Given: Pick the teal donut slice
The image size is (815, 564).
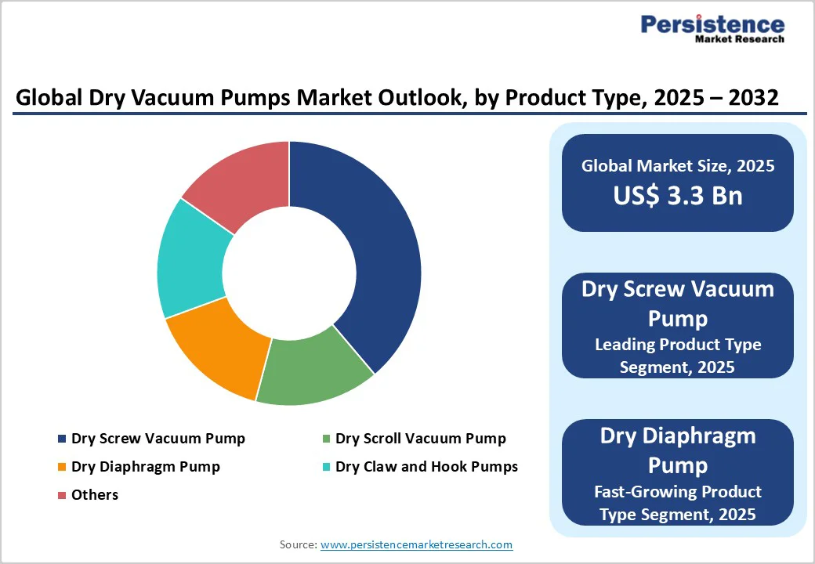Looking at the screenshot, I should click(x=191, y=258).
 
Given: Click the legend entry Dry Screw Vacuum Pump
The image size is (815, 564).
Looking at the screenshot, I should click(x=158, y=439).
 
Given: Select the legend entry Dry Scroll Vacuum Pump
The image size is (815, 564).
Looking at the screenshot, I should click(x=420, y=439).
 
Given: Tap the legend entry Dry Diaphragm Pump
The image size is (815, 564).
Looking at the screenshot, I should click(x=145, y=467).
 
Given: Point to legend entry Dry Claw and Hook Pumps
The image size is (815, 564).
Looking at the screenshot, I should click(x=426, y=467).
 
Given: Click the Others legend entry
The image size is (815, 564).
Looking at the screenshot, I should click(x=94, y=495).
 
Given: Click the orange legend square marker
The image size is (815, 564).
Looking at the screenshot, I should click(x=62, y=468).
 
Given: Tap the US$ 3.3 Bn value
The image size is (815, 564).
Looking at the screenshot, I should click(x=678, y=196).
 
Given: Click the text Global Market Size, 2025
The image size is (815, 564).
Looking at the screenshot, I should click(x=678, y=166).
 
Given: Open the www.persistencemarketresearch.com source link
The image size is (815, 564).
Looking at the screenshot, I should click(x=416, y=544).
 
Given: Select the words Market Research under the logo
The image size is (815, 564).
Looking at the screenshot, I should click(x=739, y=39).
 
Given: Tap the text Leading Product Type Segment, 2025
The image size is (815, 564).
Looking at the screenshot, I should click(x=678, y=356).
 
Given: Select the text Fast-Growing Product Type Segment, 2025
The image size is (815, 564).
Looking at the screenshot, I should click(x=678, y=503).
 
